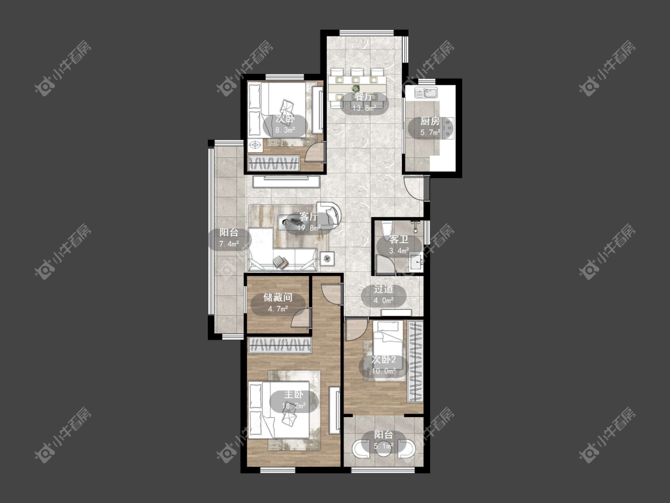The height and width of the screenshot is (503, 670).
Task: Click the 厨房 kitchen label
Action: [x=429, y=126]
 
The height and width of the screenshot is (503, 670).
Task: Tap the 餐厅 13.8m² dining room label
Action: [x=364, y=103]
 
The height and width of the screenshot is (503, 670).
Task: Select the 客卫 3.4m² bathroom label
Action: [x=398, y=245]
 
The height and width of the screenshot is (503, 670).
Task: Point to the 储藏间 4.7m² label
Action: [x=278, y=302]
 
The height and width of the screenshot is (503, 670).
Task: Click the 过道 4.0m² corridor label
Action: [x=384, y=294]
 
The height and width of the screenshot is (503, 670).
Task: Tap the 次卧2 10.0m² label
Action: [x=384, y=365]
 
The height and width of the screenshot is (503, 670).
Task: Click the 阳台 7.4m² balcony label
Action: [x=229, y=238]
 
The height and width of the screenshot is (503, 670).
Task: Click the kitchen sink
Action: [x=426, y=92]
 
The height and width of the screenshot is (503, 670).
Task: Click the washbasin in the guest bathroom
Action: [x=416, y=262]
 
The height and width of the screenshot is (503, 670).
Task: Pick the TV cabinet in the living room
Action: [x=286, y=182]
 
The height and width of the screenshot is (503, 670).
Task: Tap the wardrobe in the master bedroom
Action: [x=279, y=345]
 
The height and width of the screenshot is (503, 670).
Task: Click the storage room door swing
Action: [x=300, y=318]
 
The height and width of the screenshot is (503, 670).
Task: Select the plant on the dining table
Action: [x=356, y=88]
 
